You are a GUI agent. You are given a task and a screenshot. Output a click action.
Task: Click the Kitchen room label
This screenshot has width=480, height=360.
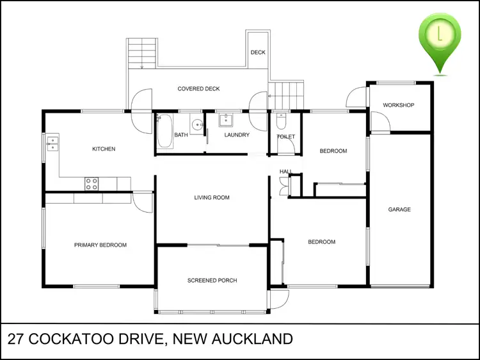pyautogui.click(x=104, y=149)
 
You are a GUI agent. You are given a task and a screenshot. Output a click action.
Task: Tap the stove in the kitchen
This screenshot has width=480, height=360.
pyautogui.click(x=92, y=183)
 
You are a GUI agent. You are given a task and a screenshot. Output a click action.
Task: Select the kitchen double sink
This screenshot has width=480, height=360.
pyautogui.click(x=53, y=143)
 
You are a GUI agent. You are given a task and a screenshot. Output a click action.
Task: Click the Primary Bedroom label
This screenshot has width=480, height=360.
pyautogui.click(x=100, y=245)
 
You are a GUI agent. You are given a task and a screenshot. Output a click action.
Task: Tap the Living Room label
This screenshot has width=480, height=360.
pyautogui.click(x=212, y=198)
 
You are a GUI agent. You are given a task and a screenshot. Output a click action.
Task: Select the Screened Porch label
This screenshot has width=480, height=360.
pyautogui.click(x=212, y=281)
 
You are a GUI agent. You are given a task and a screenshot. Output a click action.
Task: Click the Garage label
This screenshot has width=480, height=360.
pyautogui.click(x=399, y=210)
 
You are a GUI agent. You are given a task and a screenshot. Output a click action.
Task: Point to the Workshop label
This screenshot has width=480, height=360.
pyautogui.click(x=398, y=105)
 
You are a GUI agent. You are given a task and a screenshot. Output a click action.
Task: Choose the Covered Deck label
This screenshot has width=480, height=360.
pyautogui.click(x=198, y=89)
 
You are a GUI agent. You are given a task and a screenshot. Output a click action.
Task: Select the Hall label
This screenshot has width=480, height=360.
pyautogui.click(x=285, y=172)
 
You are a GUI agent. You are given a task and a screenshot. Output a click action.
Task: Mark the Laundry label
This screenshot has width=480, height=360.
pyautogui.click(x=237, y=135)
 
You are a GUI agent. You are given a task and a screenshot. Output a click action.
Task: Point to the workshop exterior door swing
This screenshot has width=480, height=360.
pyautogui.click(x=355, y=97)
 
